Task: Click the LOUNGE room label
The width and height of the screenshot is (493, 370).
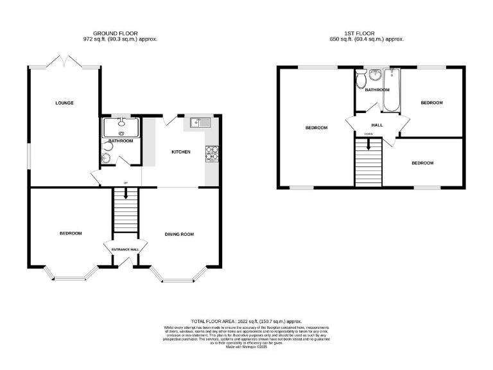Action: (x=64, y=103)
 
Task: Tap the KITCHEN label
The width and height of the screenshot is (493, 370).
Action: (x=180, y=152)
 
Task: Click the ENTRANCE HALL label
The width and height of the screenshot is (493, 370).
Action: (x=125, y=249)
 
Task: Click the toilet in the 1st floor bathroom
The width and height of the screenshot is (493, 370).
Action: (x=361, y=79)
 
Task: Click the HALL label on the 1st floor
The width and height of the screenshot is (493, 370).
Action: (x=377, y=125)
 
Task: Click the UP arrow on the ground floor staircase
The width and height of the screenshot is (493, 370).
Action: (x=125, y=192)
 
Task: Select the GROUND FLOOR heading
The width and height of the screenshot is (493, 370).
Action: (x=116, y=33)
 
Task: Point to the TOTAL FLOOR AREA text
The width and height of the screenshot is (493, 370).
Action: (x=246, y=321)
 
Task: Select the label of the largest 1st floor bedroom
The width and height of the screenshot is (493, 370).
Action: (x=316, y=128)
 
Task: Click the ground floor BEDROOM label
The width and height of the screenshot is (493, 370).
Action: (x=71, y=233)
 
